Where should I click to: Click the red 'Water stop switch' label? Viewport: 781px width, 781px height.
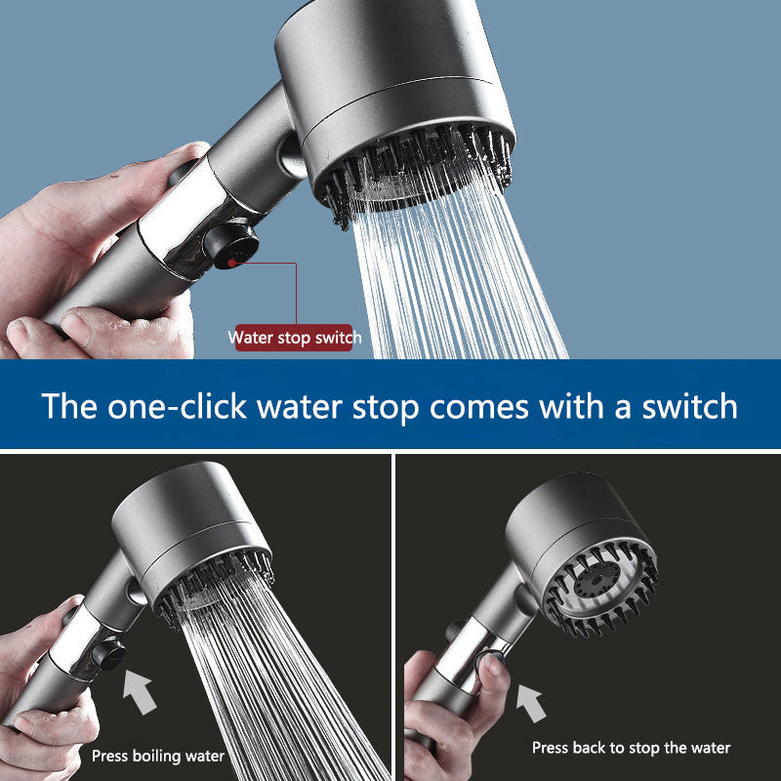click(295, 338)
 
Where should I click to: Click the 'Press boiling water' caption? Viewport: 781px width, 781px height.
click(158, 755)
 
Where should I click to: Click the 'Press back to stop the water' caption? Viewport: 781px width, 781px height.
click(631, 748)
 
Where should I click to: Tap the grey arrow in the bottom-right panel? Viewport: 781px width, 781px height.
click(529, 701)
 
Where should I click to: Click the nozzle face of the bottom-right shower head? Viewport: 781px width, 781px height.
click(597, 584)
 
